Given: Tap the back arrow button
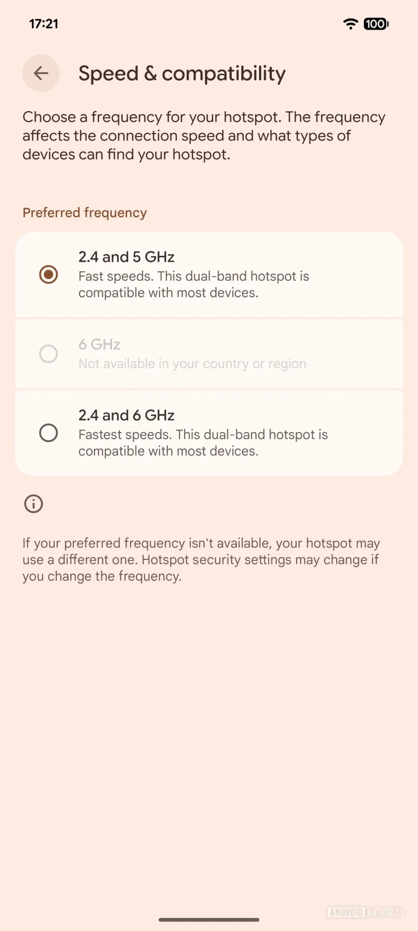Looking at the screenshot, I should (41, 73).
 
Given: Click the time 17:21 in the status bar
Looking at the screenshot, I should (44, 24).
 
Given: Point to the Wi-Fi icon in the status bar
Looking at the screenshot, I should (350, 24).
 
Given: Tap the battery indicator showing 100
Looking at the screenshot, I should (376, 24).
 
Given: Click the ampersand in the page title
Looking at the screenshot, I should (150, 73).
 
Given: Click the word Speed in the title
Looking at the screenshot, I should (108, 73).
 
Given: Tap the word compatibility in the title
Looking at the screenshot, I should (224, 73).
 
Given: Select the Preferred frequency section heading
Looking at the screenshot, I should (85, 213).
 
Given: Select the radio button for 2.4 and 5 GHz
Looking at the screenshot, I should (48, 274).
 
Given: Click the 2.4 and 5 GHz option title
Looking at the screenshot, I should (126, 257).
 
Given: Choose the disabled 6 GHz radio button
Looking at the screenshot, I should (48, 353).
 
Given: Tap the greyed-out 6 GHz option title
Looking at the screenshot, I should (99, 344).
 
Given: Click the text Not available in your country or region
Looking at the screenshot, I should (192, 364).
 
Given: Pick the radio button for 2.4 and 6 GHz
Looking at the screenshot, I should (48, 433).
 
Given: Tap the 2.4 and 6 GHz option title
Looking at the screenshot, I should (126, 415).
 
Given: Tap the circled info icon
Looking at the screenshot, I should (33, 504).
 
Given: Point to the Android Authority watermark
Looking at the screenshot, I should (365, 912).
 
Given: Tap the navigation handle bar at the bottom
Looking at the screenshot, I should (209, 920).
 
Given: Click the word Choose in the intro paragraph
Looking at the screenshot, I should (49, 117).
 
